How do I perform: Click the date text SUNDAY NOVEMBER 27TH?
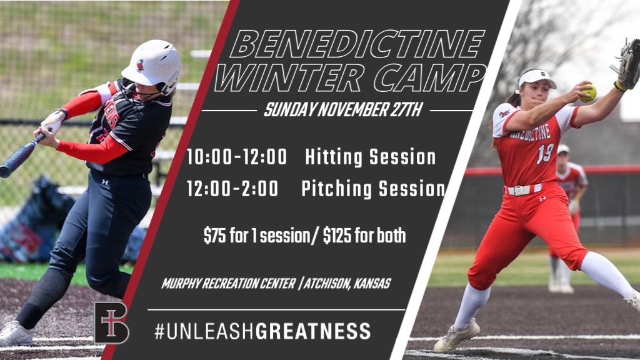[x=343, y=111]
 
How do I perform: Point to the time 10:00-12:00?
[x=237, y=157]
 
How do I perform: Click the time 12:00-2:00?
[x=232, y=189]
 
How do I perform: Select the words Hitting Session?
[x=371, y=157]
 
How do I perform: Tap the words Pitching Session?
[x=373, y=189]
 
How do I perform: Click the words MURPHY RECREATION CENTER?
[x=229, y=284]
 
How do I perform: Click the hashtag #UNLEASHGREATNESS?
[x=262, y=331]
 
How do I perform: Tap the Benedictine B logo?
[x=111, y=322]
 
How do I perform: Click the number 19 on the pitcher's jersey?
[x=544, y=153]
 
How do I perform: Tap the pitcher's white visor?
[x=536, y=78]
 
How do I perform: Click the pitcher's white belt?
[x=524, y=189]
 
